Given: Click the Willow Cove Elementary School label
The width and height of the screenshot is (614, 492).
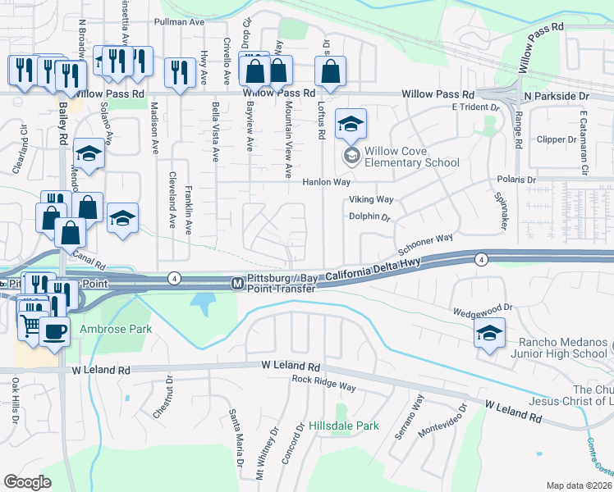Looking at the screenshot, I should point(412,156).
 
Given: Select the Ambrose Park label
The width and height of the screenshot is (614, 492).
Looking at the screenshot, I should point(105,330).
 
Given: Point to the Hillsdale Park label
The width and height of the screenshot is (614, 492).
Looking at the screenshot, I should point(344,426).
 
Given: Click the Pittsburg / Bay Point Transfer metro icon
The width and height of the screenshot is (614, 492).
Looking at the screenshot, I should point(236,283).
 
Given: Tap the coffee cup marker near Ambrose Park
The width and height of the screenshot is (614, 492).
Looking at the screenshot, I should point(55,332).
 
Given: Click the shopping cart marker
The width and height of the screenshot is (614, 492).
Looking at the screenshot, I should point(30,326).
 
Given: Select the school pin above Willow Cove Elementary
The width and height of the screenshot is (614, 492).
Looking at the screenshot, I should point(351,125).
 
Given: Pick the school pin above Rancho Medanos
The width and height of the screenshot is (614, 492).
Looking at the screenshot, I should point(488,333).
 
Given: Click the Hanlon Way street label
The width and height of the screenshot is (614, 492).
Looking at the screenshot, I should point(327,182).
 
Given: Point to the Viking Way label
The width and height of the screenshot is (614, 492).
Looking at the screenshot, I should point(371,199).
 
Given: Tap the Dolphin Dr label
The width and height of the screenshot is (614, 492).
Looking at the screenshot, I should point(367,218).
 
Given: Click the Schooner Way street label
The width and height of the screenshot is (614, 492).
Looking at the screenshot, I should point(425,244).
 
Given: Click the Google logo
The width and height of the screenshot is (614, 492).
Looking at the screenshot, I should point(27,481).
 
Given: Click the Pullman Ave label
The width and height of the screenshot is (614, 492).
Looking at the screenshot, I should point(184,23).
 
